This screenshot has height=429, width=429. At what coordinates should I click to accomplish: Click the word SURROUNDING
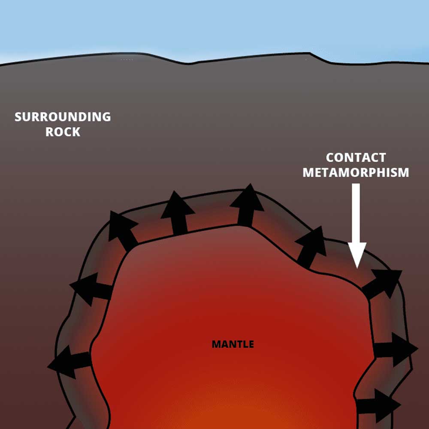[63, 117]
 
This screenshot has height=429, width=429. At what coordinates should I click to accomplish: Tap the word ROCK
[63, 132]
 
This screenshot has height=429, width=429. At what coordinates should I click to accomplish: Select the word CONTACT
[356, 157]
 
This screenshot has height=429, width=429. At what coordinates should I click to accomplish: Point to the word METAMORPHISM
[356, 172]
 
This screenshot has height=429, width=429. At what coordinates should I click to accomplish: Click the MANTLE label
[233, 344]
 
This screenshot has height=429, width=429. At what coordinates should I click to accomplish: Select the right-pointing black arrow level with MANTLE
[395, 349]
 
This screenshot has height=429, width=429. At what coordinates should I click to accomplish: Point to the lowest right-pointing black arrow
[378, 406]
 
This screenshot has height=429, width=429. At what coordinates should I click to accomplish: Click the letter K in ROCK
[76, 132]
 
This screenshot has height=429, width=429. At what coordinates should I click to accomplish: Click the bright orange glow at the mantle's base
[240, 418]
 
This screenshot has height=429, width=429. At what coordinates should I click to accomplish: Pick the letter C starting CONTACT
[330, 157]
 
